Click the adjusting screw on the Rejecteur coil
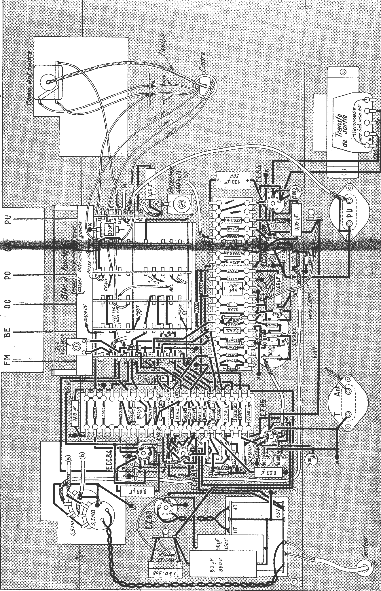pos(181,204)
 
